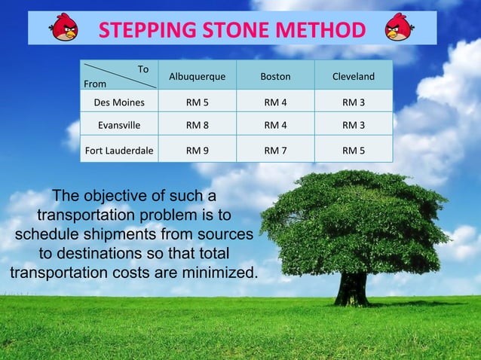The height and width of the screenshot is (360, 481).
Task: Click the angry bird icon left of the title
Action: pos(64,29)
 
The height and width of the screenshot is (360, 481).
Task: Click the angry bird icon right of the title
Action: pos(398,28)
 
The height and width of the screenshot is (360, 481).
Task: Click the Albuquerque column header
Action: pos(197,77)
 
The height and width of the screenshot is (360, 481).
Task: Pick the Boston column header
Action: pos(275,77)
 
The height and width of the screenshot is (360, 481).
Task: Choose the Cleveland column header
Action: pos(354,77)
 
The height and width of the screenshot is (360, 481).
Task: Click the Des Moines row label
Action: pos(119,102)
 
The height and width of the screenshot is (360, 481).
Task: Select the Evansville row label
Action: pos(119,124)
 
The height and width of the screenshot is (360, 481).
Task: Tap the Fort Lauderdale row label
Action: pos(119,150)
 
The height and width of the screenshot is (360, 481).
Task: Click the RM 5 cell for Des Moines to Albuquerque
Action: pos(197,102)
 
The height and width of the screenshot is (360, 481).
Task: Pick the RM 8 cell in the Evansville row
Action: pos(197,124)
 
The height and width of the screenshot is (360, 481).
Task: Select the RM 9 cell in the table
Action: pos(197,150)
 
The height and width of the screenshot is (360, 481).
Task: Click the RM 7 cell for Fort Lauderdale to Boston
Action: pos(275,150)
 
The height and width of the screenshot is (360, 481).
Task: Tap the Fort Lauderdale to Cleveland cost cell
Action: pos(354,150)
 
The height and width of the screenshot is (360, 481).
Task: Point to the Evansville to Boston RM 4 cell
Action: pos(275,124)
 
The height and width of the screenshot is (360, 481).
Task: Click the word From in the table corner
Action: pos(95,84)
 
